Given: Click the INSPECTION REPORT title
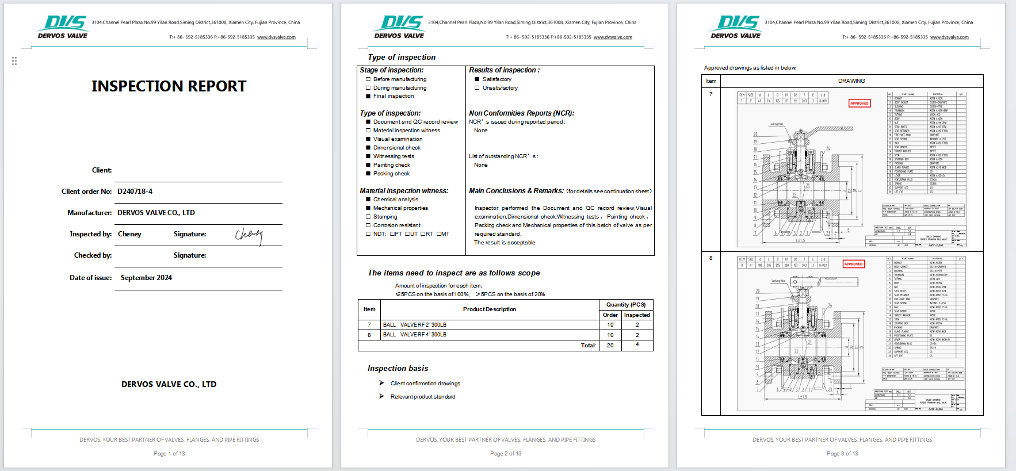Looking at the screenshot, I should click(x=169, y=86).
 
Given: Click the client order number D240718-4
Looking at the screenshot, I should click(x=135, y=192).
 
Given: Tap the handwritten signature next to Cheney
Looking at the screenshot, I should click(x=249, y=235).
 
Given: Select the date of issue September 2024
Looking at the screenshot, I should click(x=146, y=278).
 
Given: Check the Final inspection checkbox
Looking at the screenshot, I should click(x=368, y=96).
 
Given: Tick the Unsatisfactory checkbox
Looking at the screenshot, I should click(x=477, y=88).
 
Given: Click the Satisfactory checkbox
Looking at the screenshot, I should click(x=477, y=79).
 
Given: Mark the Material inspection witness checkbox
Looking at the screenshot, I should click(x=368, y=131).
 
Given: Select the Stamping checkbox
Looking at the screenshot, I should click(x=368, y=217).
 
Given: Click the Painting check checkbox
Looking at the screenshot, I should click(x=368, y=165).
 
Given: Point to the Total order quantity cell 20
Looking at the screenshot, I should click(x=610, y=346).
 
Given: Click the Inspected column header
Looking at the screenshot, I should click(x=637, y=315).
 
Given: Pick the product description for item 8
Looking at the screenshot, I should click(x=415, y=335).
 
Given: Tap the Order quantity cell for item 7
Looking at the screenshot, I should click(x=610, y=325).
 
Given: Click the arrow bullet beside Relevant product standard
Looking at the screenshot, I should click(x=381, y=396).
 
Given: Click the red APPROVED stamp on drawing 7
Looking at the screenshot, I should click(x=860, y=104).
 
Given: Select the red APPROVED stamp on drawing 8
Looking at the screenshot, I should click(x=853, y=264).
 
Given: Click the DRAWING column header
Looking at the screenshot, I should click(x=851, y=81).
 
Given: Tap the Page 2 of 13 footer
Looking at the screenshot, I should click(x=506, y=454).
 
